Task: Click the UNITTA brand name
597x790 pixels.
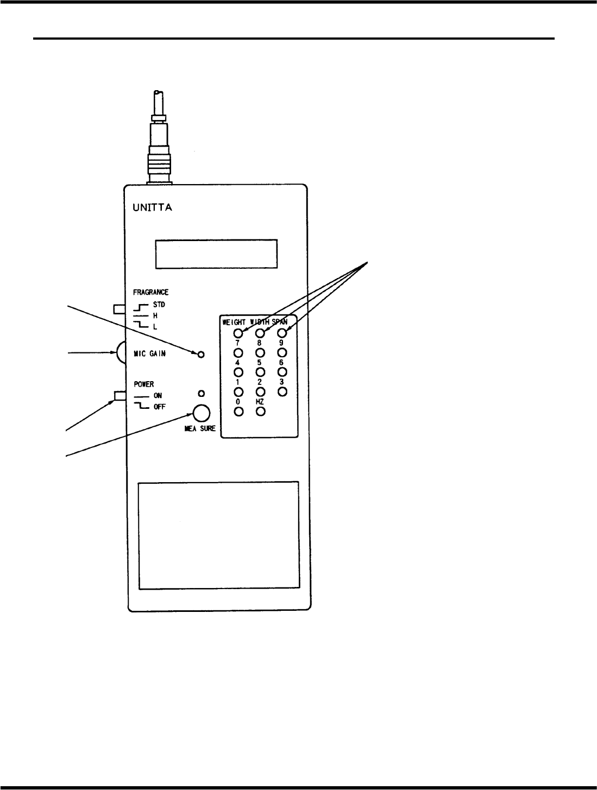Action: (153, 207)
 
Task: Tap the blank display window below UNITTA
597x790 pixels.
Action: (216, 254)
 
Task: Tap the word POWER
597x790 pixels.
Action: (144, 384)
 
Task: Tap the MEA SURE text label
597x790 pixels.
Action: (200, 429)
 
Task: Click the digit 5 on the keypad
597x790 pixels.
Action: (260, 363)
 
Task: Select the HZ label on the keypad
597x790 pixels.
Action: (260, 402)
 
